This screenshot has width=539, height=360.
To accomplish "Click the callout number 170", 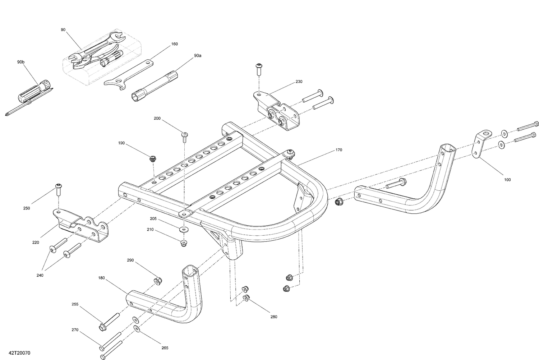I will tap(339, 150).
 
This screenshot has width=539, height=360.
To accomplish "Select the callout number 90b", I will tap(21, 62).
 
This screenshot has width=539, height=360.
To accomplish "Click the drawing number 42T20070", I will tap(18, 354).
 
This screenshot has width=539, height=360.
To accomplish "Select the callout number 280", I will tap(274, 317).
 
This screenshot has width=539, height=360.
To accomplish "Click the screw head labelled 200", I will tap(185, 135).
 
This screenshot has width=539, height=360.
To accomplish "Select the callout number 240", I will tap(40, 276).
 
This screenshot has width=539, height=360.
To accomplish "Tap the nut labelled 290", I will tap(157, 281).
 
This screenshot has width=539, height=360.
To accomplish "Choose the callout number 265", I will tap(165, 348).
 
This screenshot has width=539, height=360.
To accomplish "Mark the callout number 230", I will tap(299, 82).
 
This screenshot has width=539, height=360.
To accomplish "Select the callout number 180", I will tap(101, 278).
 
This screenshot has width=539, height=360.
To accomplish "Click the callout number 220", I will tap(36, 243).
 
